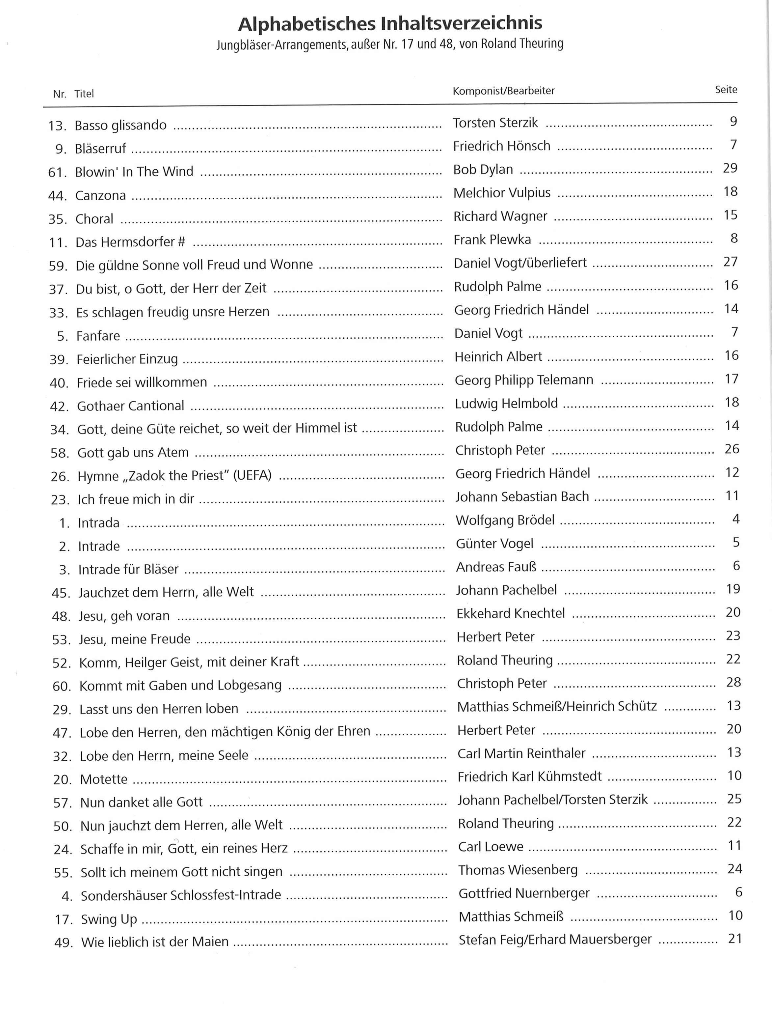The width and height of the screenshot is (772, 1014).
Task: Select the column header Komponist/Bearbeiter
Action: coord(504,91)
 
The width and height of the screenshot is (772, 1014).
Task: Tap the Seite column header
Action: coord(726,90)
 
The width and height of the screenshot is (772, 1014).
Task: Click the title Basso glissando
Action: coord(120,125)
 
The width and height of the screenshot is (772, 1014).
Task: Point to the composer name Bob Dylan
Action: coord(483,169)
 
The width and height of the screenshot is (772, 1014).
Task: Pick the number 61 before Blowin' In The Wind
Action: coord(57,172)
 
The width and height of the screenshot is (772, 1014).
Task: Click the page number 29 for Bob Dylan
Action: coord(730,168)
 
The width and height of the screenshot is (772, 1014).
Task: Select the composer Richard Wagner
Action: coord(500,216)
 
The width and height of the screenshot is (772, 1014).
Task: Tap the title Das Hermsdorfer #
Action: coord(130,242)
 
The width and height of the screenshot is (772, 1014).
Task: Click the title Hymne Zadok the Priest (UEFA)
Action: coord(174,475)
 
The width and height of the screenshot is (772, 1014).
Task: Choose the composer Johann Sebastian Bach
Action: coord(522,497)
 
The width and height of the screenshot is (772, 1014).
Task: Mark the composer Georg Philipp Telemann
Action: coord(524,380)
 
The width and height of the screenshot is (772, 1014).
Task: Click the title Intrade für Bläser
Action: coord(128,569)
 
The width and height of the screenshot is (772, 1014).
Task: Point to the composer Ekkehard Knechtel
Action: coord(511,613)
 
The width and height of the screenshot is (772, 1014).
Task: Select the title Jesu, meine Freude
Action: coord(135,639)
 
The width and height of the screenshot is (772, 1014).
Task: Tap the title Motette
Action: coord(103,779)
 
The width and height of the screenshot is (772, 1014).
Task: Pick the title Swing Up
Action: coord(109,919)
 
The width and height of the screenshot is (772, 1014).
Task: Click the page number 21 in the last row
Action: coord(735,939)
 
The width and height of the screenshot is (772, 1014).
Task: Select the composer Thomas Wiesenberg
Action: coord(518,870)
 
